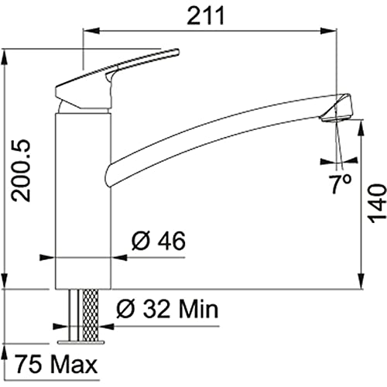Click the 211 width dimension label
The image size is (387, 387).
coord(206,15)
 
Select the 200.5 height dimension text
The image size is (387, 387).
coord(22,170)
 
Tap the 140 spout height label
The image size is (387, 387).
coord(377,204)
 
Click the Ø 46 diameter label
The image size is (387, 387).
coord(159,241)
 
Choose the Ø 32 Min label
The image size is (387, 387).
coord(167,309)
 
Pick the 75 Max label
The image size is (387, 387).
coord(56,365)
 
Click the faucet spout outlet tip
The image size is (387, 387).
coord(334,119)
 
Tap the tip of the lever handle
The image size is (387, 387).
coord(176,51)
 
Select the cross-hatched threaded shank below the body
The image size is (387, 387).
coord(90,314)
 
